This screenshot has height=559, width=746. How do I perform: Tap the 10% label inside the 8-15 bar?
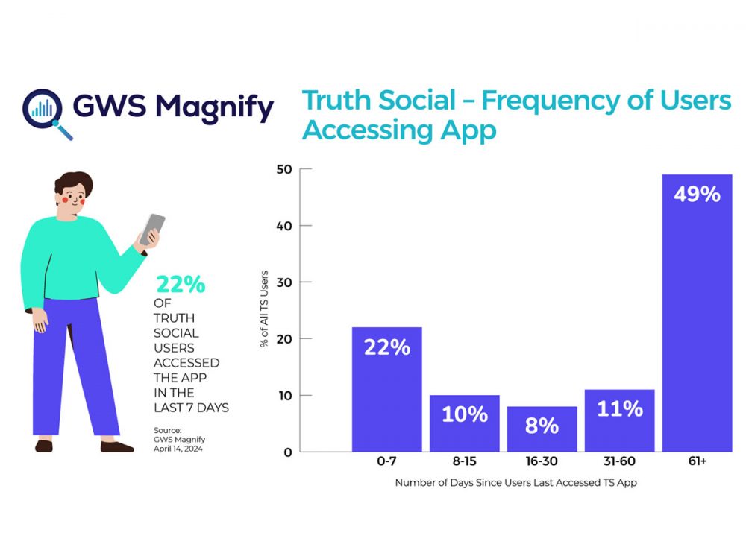point(464,415)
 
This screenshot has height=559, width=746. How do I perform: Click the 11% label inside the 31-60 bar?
point(619,409)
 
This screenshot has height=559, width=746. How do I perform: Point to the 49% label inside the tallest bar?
point(697,195)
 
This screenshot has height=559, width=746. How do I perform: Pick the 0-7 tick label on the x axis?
point(386,463)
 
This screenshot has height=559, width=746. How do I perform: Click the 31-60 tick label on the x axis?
point(619,463)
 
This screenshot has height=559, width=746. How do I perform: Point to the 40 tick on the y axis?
point(284,226)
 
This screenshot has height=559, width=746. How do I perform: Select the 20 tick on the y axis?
point(284,339)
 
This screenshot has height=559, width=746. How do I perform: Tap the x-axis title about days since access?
point(515,483)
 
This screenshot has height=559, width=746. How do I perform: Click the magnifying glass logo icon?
point(46,113)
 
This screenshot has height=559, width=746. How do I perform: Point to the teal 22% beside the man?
point(180,284)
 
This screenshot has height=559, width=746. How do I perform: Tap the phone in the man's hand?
point(152,228)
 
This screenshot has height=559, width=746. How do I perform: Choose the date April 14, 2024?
point(180,449)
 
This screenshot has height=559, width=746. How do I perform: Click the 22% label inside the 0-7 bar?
point(386,347)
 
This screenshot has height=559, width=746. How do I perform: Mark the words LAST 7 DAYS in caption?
point(192,407)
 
